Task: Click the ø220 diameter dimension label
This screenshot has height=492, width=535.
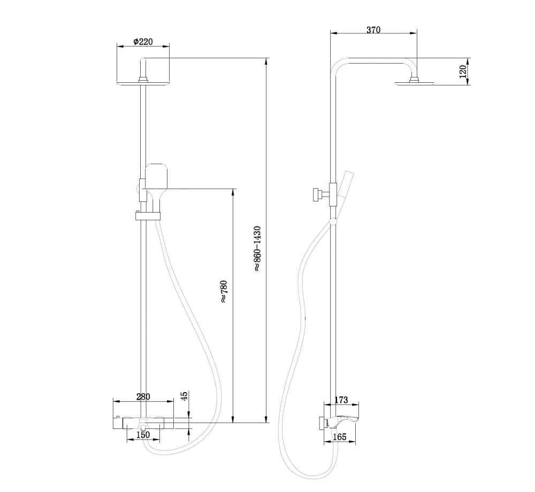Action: [x=143, y=42]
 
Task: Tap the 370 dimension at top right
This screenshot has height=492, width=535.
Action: [x=373, y=30]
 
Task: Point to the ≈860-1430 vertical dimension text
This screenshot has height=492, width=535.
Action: [x=257, y=249]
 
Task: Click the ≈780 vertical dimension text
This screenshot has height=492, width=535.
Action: [x=224, y=292]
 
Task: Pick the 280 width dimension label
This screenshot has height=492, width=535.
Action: [x=143, y=396]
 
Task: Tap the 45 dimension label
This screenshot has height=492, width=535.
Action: [x=185, y=396]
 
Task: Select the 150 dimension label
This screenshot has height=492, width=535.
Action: [x=143, y=435]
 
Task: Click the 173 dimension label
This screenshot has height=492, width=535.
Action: [x=341, y=400]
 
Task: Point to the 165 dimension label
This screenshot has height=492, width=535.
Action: [x=339, y=437]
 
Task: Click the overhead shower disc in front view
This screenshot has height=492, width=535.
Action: [x=143, y=83]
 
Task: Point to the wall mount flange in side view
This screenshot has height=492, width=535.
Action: [x=323, y=422]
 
